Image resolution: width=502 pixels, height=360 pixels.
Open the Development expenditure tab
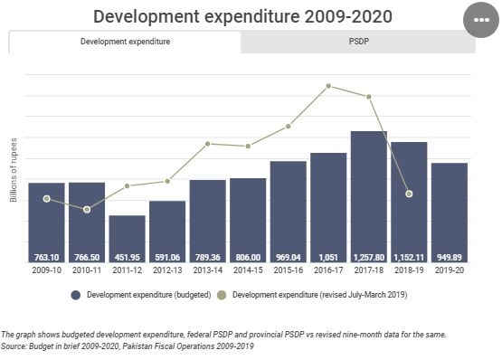[125, 42]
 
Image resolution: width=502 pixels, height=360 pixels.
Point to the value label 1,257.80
[369, 256]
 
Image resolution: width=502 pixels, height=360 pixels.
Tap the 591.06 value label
[167, 256]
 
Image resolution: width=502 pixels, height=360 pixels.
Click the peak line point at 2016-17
[328, 86]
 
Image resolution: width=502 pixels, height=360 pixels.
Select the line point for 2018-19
[409, 194]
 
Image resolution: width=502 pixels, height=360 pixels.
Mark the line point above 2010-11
[87, 210]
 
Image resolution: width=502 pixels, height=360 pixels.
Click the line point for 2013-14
[208, 144]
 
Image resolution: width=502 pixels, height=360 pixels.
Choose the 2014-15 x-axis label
[248, 270]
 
